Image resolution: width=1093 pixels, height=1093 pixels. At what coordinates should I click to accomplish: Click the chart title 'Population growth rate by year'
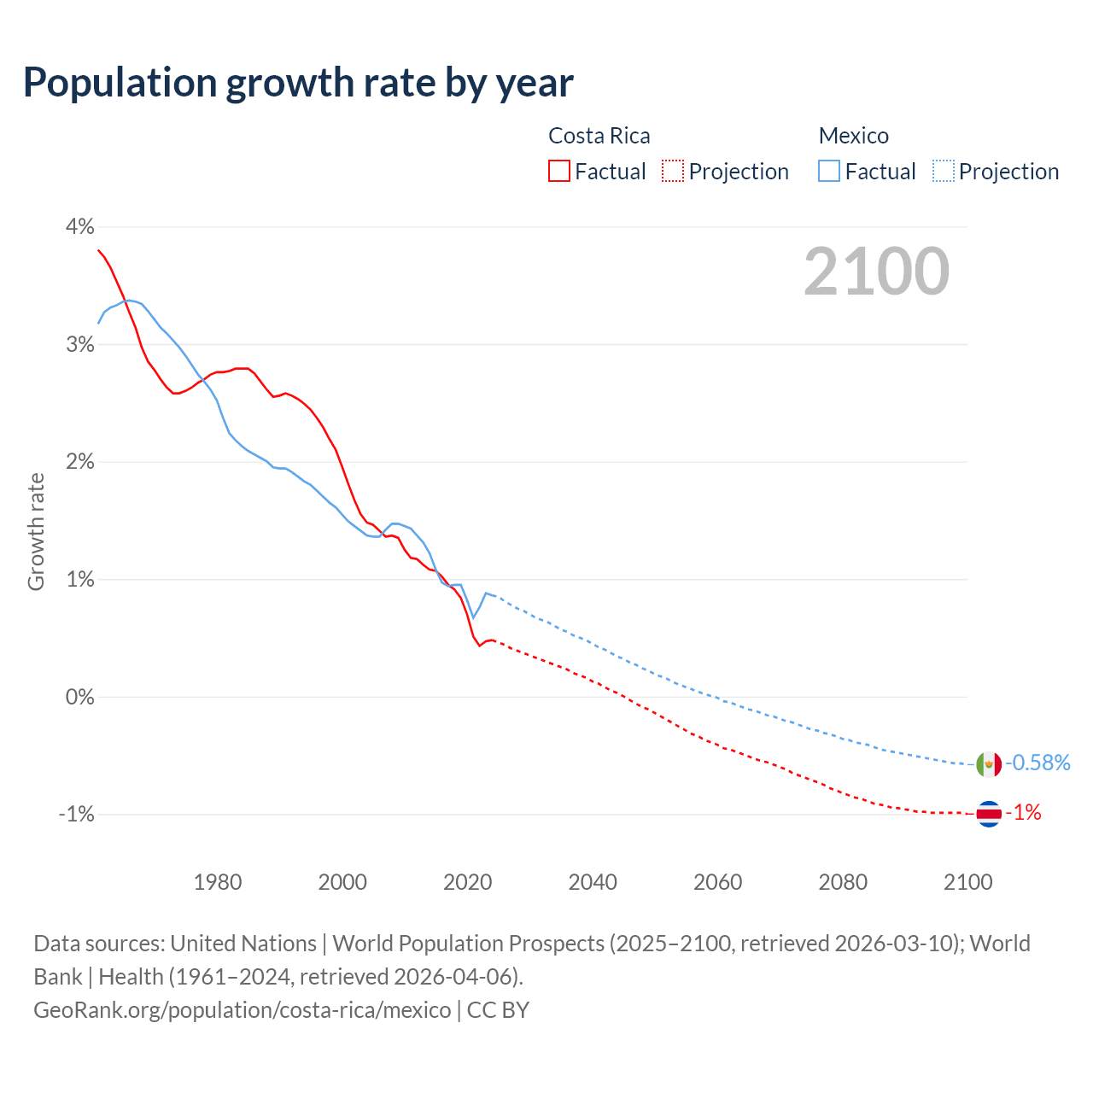coord(298,83)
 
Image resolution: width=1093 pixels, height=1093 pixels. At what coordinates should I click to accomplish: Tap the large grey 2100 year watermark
coord(876,272)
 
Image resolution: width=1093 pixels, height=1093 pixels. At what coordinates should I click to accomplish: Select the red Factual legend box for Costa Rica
coord(559,171)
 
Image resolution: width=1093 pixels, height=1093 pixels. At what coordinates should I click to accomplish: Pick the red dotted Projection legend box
coord(673,171)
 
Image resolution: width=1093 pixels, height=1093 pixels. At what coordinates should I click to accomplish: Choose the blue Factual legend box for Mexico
coord(829,171)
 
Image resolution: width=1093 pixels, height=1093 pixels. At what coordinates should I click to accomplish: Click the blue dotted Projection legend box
coord(943,171)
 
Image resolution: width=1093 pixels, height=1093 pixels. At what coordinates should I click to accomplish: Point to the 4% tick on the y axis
coord(79,226)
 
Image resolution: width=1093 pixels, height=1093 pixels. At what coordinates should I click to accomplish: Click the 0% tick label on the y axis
coord(79,697)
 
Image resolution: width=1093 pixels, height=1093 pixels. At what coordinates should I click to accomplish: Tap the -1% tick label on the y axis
coord(76,814)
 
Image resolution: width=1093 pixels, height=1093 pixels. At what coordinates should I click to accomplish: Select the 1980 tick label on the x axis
coord(218,882)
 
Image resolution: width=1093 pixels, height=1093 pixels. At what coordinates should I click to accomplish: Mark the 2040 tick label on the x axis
coord(593,882)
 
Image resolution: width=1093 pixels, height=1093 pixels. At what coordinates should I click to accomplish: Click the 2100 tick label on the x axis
coord(967,882)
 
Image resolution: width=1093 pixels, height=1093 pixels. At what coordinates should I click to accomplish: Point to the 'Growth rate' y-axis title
coord(36,531)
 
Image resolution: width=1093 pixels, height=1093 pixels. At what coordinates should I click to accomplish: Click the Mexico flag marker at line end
coord(989,764)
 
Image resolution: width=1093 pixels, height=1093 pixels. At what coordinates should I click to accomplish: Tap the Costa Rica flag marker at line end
coord(989,814)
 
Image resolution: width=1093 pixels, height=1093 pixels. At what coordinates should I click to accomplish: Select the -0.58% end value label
coord(1037,763)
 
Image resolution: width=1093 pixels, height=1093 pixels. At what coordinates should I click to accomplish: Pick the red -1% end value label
coord(1024,813)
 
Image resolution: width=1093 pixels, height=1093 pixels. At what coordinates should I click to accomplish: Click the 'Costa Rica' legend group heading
coord(599,136)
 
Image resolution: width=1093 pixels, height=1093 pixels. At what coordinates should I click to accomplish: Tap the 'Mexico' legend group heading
coord(853,136)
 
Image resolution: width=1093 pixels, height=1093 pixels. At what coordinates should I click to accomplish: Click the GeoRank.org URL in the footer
coord(242,1010)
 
